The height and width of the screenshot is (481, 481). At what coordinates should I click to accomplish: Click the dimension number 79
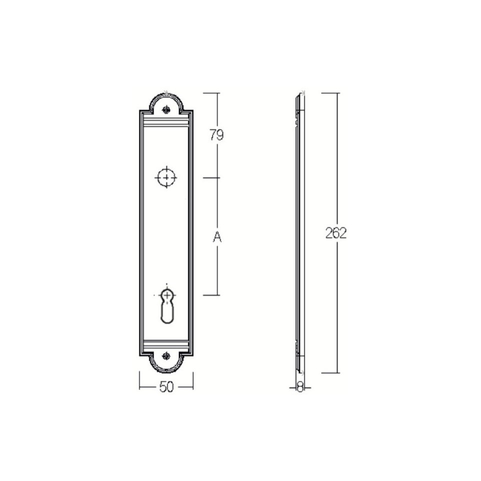(216, 134)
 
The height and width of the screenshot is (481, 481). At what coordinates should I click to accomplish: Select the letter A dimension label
(217, 236)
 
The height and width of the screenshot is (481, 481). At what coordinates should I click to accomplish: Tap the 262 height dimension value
(336, 233)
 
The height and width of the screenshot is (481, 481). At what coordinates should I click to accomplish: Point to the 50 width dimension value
(166, 387)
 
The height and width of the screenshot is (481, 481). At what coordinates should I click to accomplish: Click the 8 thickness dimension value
(299, 387)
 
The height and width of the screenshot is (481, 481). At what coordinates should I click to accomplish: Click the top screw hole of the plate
(166, 109)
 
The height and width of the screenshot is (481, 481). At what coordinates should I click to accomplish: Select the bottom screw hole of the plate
(166, 356)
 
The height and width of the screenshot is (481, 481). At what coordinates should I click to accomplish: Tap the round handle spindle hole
(166, 177)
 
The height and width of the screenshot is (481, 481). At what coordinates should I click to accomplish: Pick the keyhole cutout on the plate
(167, 306)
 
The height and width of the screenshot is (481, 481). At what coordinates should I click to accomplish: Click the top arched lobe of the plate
(166, 95)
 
